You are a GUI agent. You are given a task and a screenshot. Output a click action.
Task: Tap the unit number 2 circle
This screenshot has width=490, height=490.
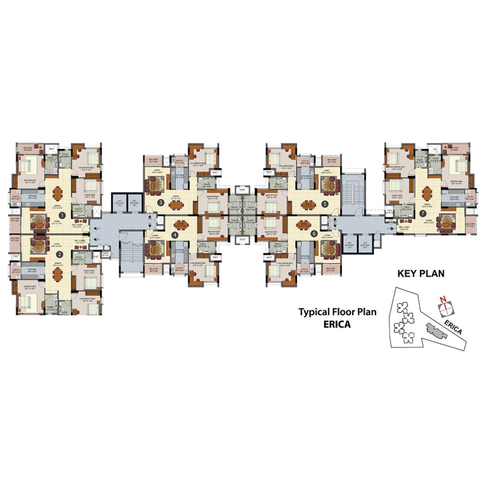tap(60, 254)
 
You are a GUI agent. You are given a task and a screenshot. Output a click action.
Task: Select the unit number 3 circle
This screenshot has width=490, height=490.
tap(161, 203)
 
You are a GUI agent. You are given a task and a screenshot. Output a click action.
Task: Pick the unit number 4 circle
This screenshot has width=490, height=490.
tap(175, 234)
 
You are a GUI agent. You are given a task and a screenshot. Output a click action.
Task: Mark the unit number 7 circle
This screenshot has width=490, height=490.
tap(423, 213)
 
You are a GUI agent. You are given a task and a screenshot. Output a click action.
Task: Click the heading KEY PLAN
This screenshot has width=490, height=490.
tap(421, 274)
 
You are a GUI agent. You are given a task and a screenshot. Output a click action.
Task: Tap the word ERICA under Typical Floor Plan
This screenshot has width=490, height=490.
tap(338, 324)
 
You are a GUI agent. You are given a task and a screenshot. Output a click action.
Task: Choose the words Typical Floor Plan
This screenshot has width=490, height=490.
tap(338, 312)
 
